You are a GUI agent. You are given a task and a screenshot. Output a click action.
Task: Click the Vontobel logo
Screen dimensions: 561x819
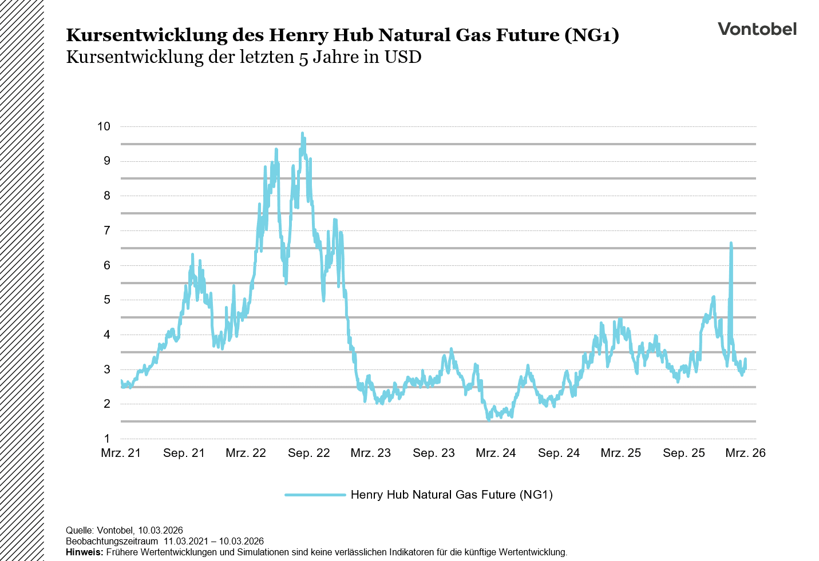point(757,29)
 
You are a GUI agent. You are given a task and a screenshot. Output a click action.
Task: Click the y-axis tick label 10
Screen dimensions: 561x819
point(104,126)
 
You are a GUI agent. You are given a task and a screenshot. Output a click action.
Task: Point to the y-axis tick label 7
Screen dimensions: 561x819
point(106,230)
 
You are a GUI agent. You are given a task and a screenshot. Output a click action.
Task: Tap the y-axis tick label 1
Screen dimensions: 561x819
point(106,439)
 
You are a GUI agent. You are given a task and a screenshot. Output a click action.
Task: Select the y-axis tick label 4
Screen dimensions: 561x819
point(106,335)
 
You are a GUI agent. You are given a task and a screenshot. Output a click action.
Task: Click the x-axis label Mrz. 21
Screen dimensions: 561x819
point(121,453)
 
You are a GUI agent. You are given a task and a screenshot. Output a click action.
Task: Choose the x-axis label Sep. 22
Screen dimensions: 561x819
point(309,453)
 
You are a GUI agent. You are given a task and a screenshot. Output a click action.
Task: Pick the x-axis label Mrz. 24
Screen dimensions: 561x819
point(496,453)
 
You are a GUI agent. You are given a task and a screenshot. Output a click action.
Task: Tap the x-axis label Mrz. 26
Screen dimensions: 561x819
point(745,453)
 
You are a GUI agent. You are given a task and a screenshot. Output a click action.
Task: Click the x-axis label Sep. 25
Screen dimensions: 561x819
point(684,453)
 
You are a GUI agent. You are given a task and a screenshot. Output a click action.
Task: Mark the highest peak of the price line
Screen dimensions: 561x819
point(302,134)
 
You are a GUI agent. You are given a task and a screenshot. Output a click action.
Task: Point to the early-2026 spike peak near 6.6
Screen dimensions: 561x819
point(731,244)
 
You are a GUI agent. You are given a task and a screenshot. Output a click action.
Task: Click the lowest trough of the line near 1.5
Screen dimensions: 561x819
point(489,419)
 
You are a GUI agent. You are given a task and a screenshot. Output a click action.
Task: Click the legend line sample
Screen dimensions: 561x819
point(315,495)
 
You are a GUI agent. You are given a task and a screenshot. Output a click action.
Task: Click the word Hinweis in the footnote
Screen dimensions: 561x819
point(84,552)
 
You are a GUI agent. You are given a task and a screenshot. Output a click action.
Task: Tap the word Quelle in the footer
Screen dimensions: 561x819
point(79,531)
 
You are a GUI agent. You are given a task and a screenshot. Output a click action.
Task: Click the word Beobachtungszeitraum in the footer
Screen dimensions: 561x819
point(112,542)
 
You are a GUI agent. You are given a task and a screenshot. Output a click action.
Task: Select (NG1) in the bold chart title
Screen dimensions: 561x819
point(592,35)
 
